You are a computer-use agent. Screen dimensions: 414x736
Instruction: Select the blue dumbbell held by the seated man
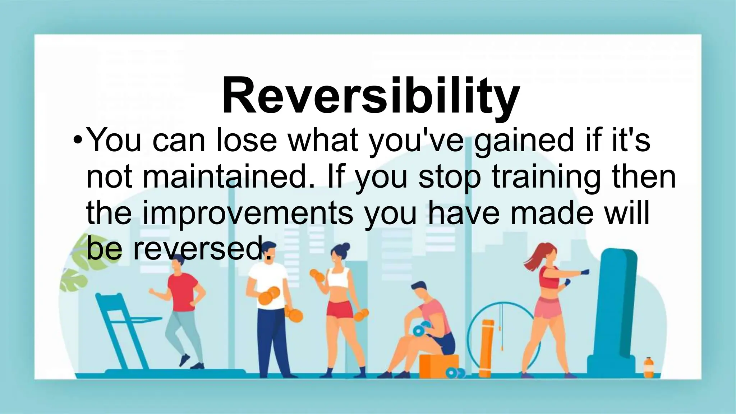click(419, 330)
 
